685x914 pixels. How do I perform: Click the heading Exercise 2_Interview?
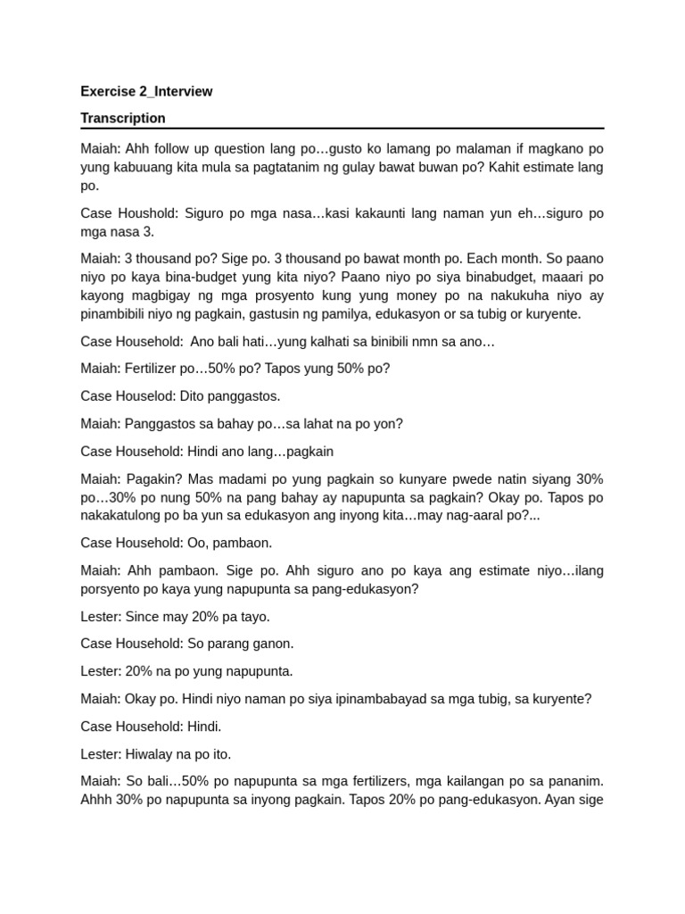click(x=146, y=91)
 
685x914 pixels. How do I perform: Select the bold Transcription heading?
click(x=123, y=118)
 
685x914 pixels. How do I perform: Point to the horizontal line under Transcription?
click(x=342, y=129)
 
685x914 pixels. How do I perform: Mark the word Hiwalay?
click(x=149, y=754)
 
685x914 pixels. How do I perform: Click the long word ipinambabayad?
click(x=331, y=699)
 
